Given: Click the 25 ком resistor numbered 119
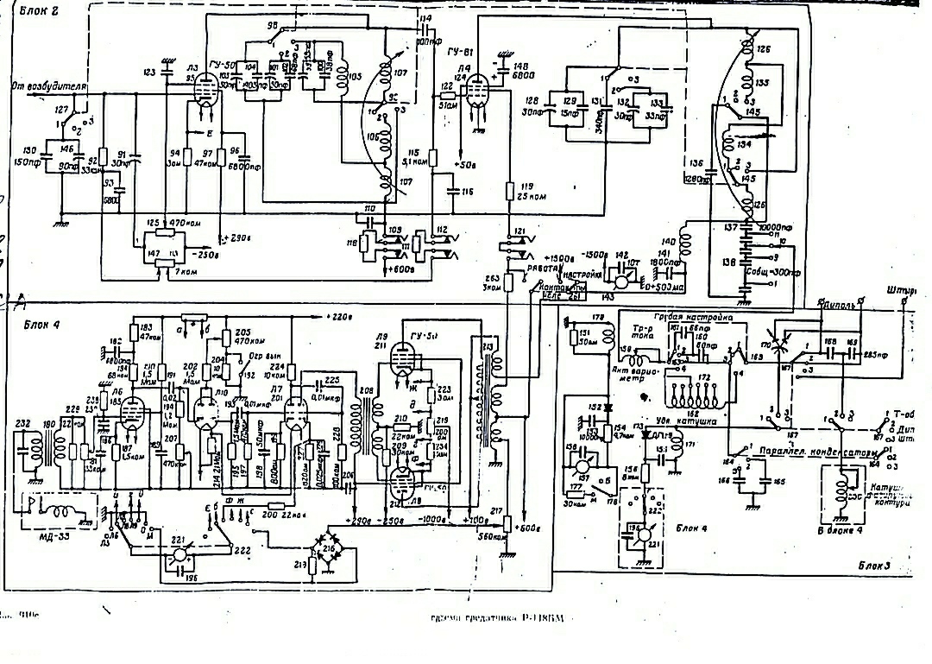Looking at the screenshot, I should (511, 193).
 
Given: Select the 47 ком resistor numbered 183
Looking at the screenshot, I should (135, 332).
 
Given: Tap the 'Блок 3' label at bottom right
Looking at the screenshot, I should (874, 565).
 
